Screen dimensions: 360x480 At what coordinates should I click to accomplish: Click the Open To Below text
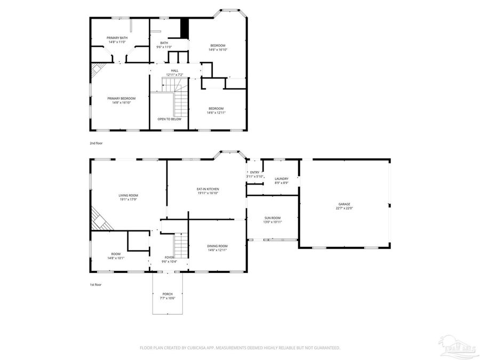(169, 119)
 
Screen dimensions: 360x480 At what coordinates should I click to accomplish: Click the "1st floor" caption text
(95, 285)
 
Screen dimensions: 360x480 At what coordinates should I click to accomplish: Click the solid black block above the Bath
(185, 28)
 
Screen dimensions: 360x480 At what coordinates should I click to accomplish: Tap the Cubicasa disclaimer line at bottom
(239, 348)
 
